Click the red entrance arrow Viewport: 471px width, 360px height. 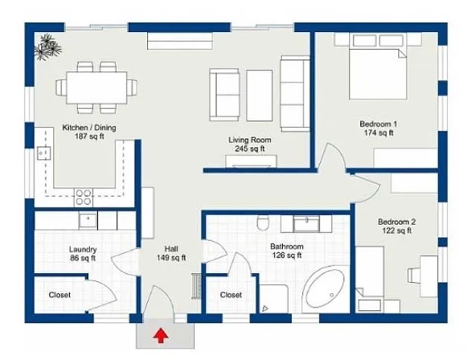[x=161, y=336]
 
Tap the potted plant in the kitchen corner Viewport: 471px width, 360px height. [x=48, y=48]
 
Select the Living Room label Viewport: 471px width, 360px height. [x=250, y=140]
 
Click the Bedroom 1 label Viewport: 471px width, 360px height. [x=378, y=124]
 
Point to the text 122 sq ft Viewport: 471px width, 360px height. [x=397, y=230]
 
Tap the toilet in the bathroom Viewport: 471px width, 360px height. [x=263, y=223]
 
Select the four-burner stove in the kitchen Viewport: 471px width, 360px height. [x=83, y=197]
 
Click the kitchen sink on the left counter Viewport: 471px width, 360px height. [x=43, y=153]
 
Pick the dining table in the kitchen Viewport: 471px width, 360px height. [x=96, y=87]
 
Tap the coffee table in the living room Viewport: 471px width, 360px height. [x=259, y=95]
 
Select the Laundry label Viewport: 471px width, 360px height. [x=83, y=249]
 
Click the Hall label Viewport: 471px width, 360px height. [x=171, y=249]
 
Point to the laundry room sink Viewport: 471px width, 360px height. [x=88, y=221]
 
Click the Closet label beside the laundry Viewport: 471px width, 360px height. [x=59, y=295]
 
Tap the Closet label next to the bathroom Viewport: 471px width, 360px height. [x=231, y=295]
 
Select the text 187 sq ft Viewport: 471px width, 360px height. [x=89, y=136]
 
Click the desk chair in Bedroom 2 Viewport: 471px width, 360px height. [x=413, y=275]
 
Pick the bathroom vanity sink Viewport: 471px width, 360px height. [x=306, y=223]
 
